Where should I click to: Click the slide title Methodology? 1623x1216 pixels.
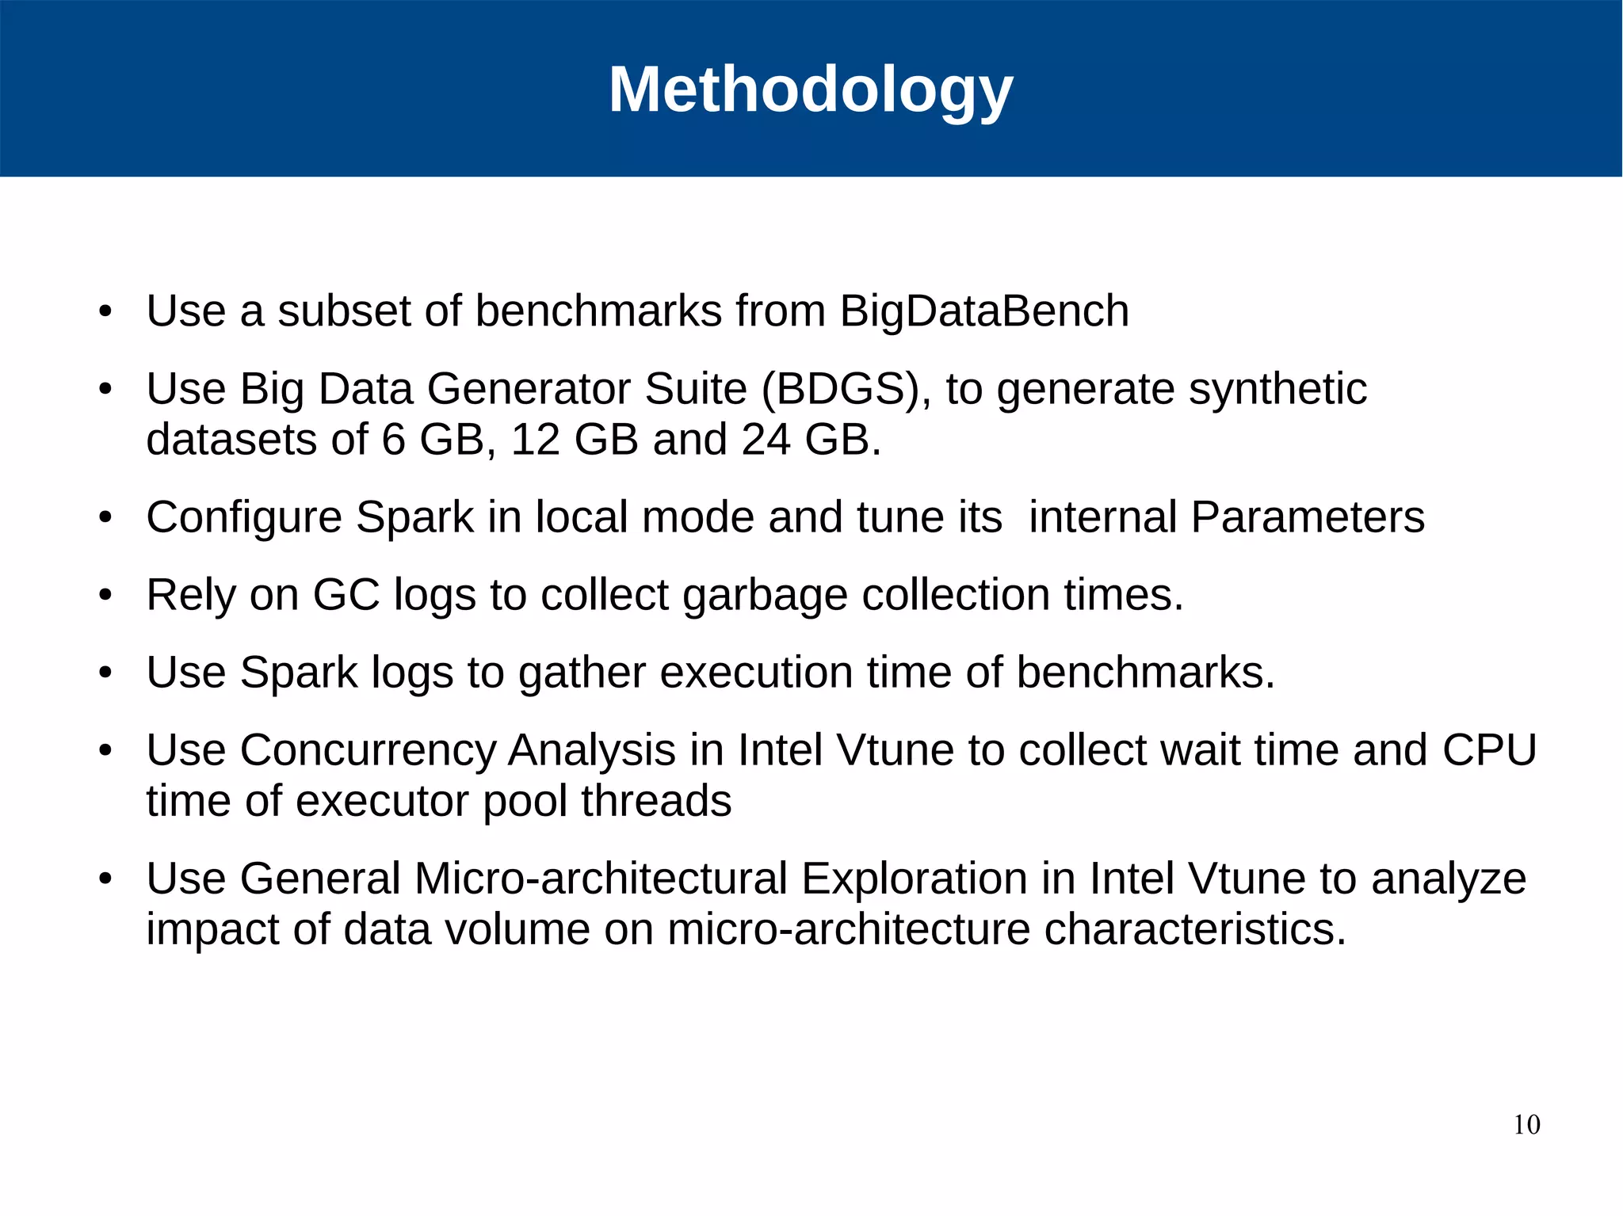tap(811, 90)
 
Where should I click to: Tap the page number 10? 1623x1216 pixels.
tap(1526, 1125)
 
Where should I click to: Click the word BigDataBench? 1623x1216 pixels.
tap(984, 311)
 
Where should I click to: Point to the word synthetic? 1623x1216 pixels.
tap(1278, 389)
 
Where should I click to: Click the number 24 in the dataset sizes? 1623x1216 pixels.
tap(766, 440)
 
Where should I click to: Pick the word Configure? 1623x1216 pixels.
tap(244, 518)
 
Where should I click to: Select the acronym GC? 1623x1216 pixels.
tap(346, 595)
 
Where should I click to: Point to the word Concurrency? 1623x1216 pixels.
tap(368, 750)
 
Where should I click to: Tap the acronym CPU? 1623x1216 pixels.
tap(1489, 750)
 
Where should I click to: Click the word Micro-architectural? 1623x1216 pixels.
tap(600, 879)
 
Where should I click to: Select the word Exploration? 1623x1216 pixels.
tap(914, 879)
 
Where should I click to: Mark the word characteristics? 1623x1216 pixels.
tap(1194, 929)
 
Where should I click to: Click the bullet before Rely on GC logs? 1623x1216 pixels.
tap(105, 595)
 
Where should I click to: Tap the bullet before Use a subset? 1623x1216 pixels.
tap(105, 311)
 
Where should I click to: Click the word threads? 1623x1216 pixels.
tap(656, 801)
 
